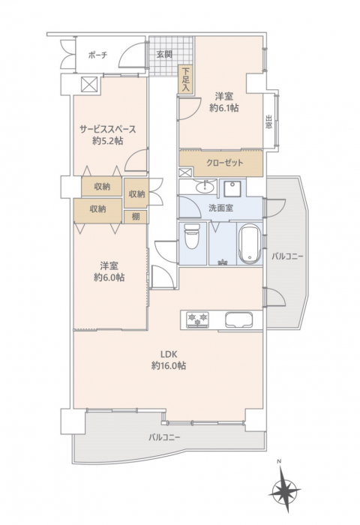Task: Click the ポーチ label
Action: [x=97, y=55]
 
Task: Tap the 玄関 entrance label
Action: [x=164, y=54]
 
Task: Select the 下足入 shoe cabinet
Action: [x=186, y=79]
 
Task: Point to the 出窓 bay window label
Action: [x=269, y=122]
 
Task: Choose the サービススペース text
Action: [x=107, y=129]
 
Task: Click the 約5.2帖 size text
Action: [x=107, y=141]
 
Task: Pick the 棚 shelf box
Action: [x=136, y=217]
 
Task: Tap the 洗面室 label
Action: [x=220, y=208]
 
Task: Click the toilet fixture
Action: [x=192, y=236]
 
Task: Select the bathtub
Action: [x=250, y=244]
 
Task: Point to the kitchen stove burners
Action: [x=197, y=319]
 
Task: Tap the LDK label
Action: [x=169, y=354]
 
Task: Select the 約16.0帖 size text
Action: [x=169, y=366]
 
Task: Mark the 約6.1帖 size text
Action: [x=224, y=108]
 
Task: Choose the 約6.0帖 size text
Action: [x=109, y=277]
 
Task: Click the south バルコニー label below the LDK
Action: [x=165, y=437]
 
